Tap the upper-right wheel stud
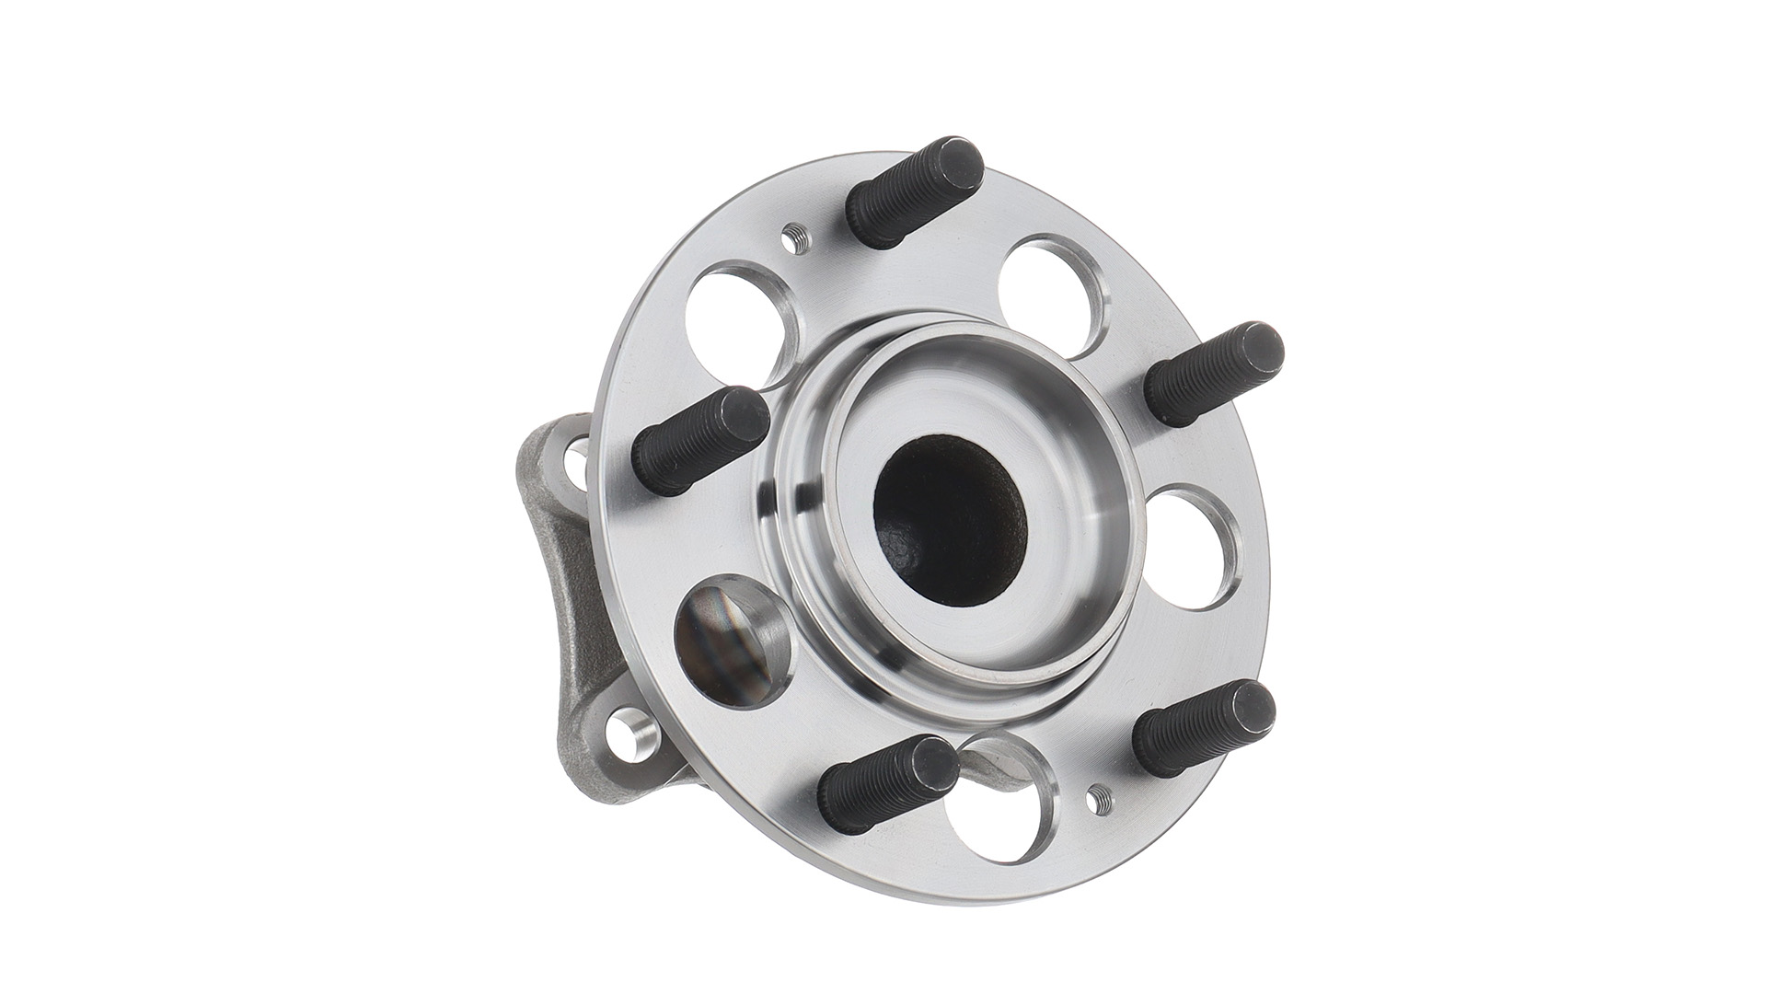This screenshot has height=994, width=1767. pos(1213,374)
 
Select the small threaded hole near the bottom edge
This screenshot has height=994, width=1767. pos(1096,800)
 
